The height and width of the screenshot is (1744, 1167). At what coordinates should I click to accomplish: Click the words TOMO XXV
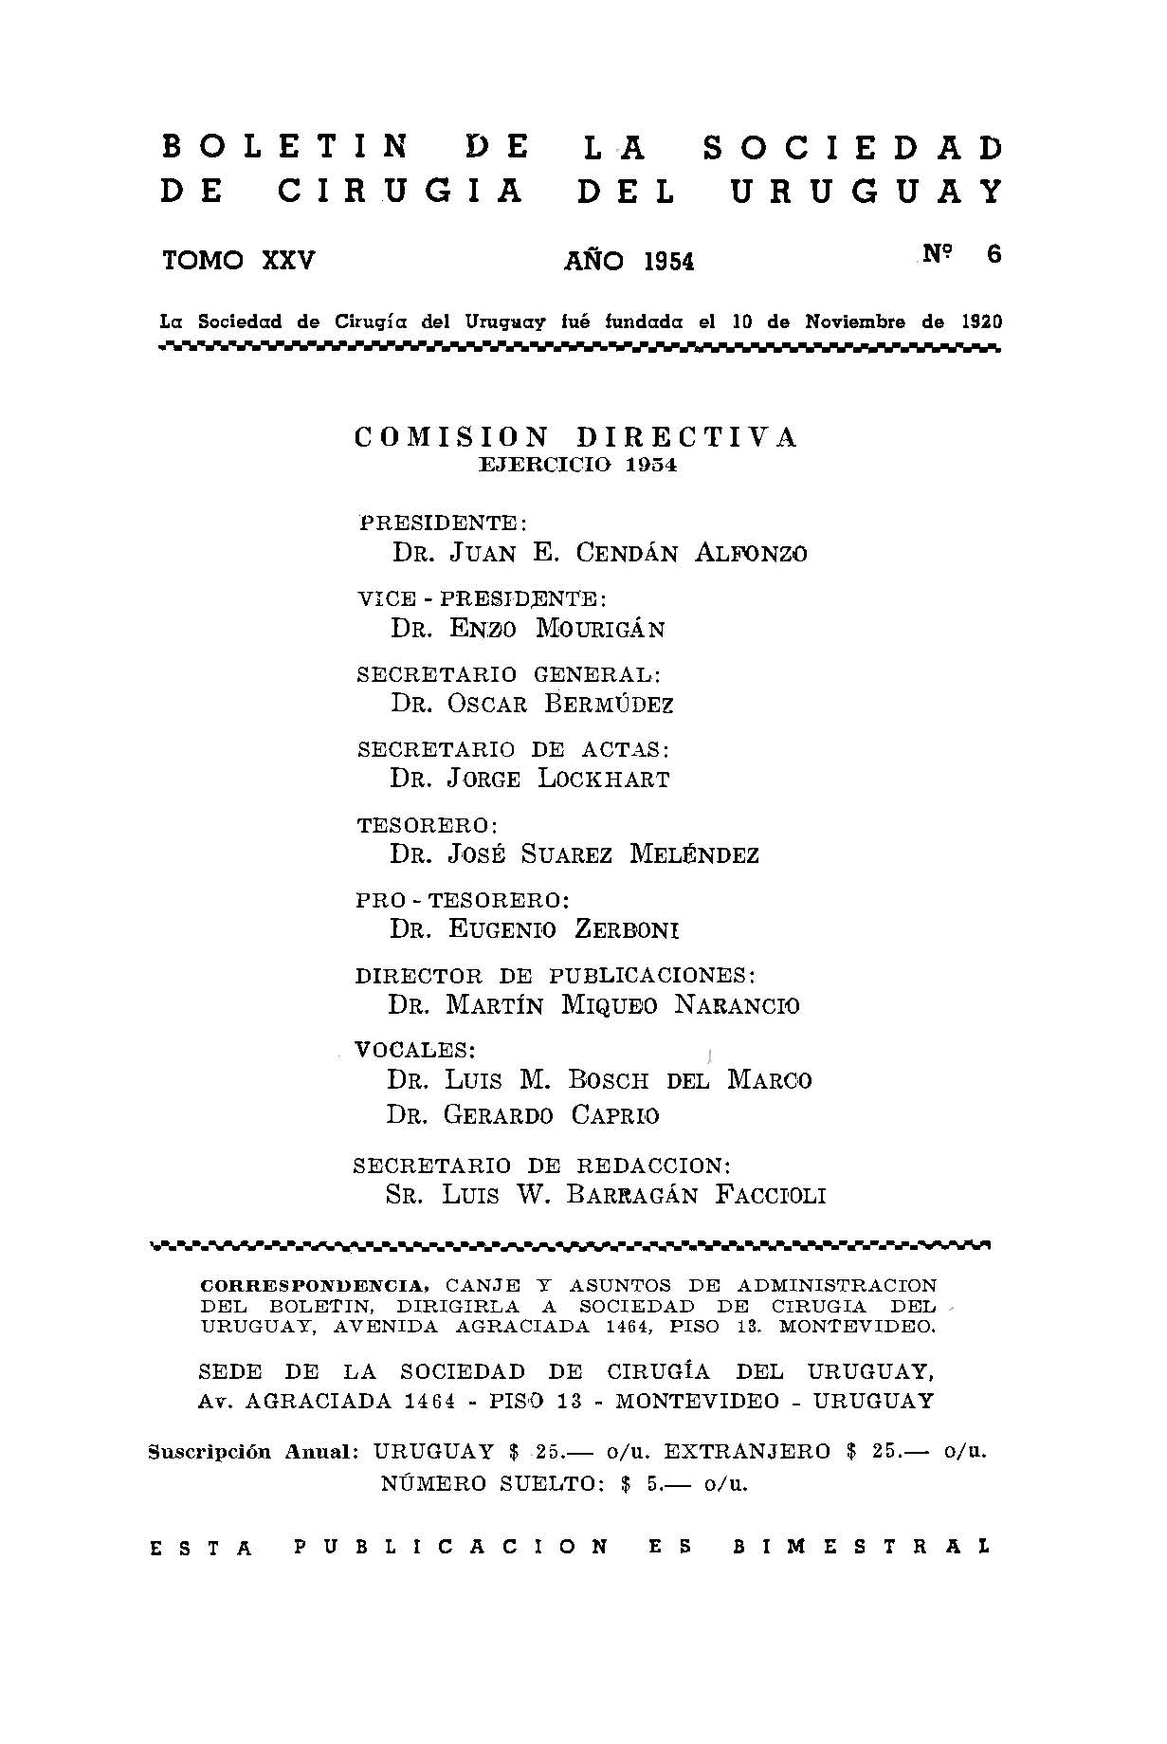click(x=238, y=261)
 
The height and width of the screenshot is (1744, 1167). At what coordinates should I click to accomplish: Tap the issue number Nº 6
click(x=961, y=254)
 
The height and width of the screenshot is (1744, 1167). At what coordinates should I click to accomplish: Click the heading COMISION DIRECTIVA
click(x=576, y=437)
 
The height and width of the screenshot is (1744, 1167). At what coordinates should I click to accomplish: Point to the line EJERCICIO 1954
click(x=577, y=465)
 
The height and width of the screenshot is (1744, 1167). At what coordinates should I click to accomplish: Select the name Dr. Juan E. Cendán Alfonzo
click(x=599, y=553)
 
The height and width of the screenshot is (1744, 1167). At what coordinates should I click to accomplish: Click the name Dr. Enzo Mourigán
click(x=528, y=628)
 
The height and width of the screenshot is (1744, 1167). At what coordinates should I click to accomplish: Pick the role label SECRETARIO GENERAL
click(x=507, y=674)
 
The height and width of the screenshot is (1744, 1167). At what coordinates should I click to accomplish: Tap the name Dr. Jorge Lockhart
click(x=530, y=779)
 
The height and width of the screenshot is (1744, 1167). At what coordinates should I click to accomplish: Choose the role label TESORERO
click(x=427, y=825)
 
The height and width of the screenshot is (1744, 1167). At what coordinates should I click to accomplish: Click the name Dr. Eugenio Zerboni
click(x=535, y=929)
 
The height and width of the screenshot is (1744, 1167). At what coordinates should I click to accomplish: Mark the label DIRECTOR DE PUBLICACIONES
click(x=555, y=976)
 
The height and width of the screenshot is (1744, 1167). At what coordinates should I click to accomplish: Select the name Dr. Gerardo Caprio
click(x=522, y=1115)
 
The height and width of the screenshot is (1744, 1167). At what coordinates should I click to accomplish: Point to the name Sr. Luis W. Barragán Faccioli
click(x=606, y=1195)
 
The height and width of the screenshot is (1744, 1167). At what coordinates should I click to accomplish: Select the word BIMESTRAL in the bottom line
click(x=861, y=1547)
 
